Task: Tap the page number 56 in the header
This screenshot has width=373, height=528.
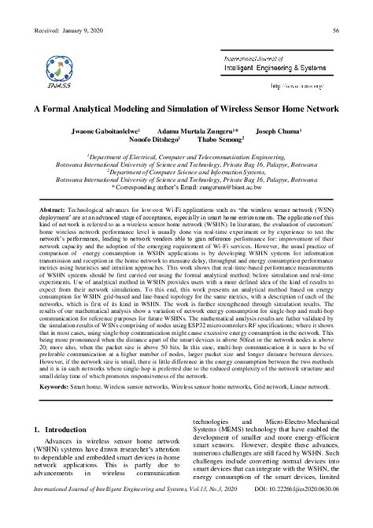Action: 336,30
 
